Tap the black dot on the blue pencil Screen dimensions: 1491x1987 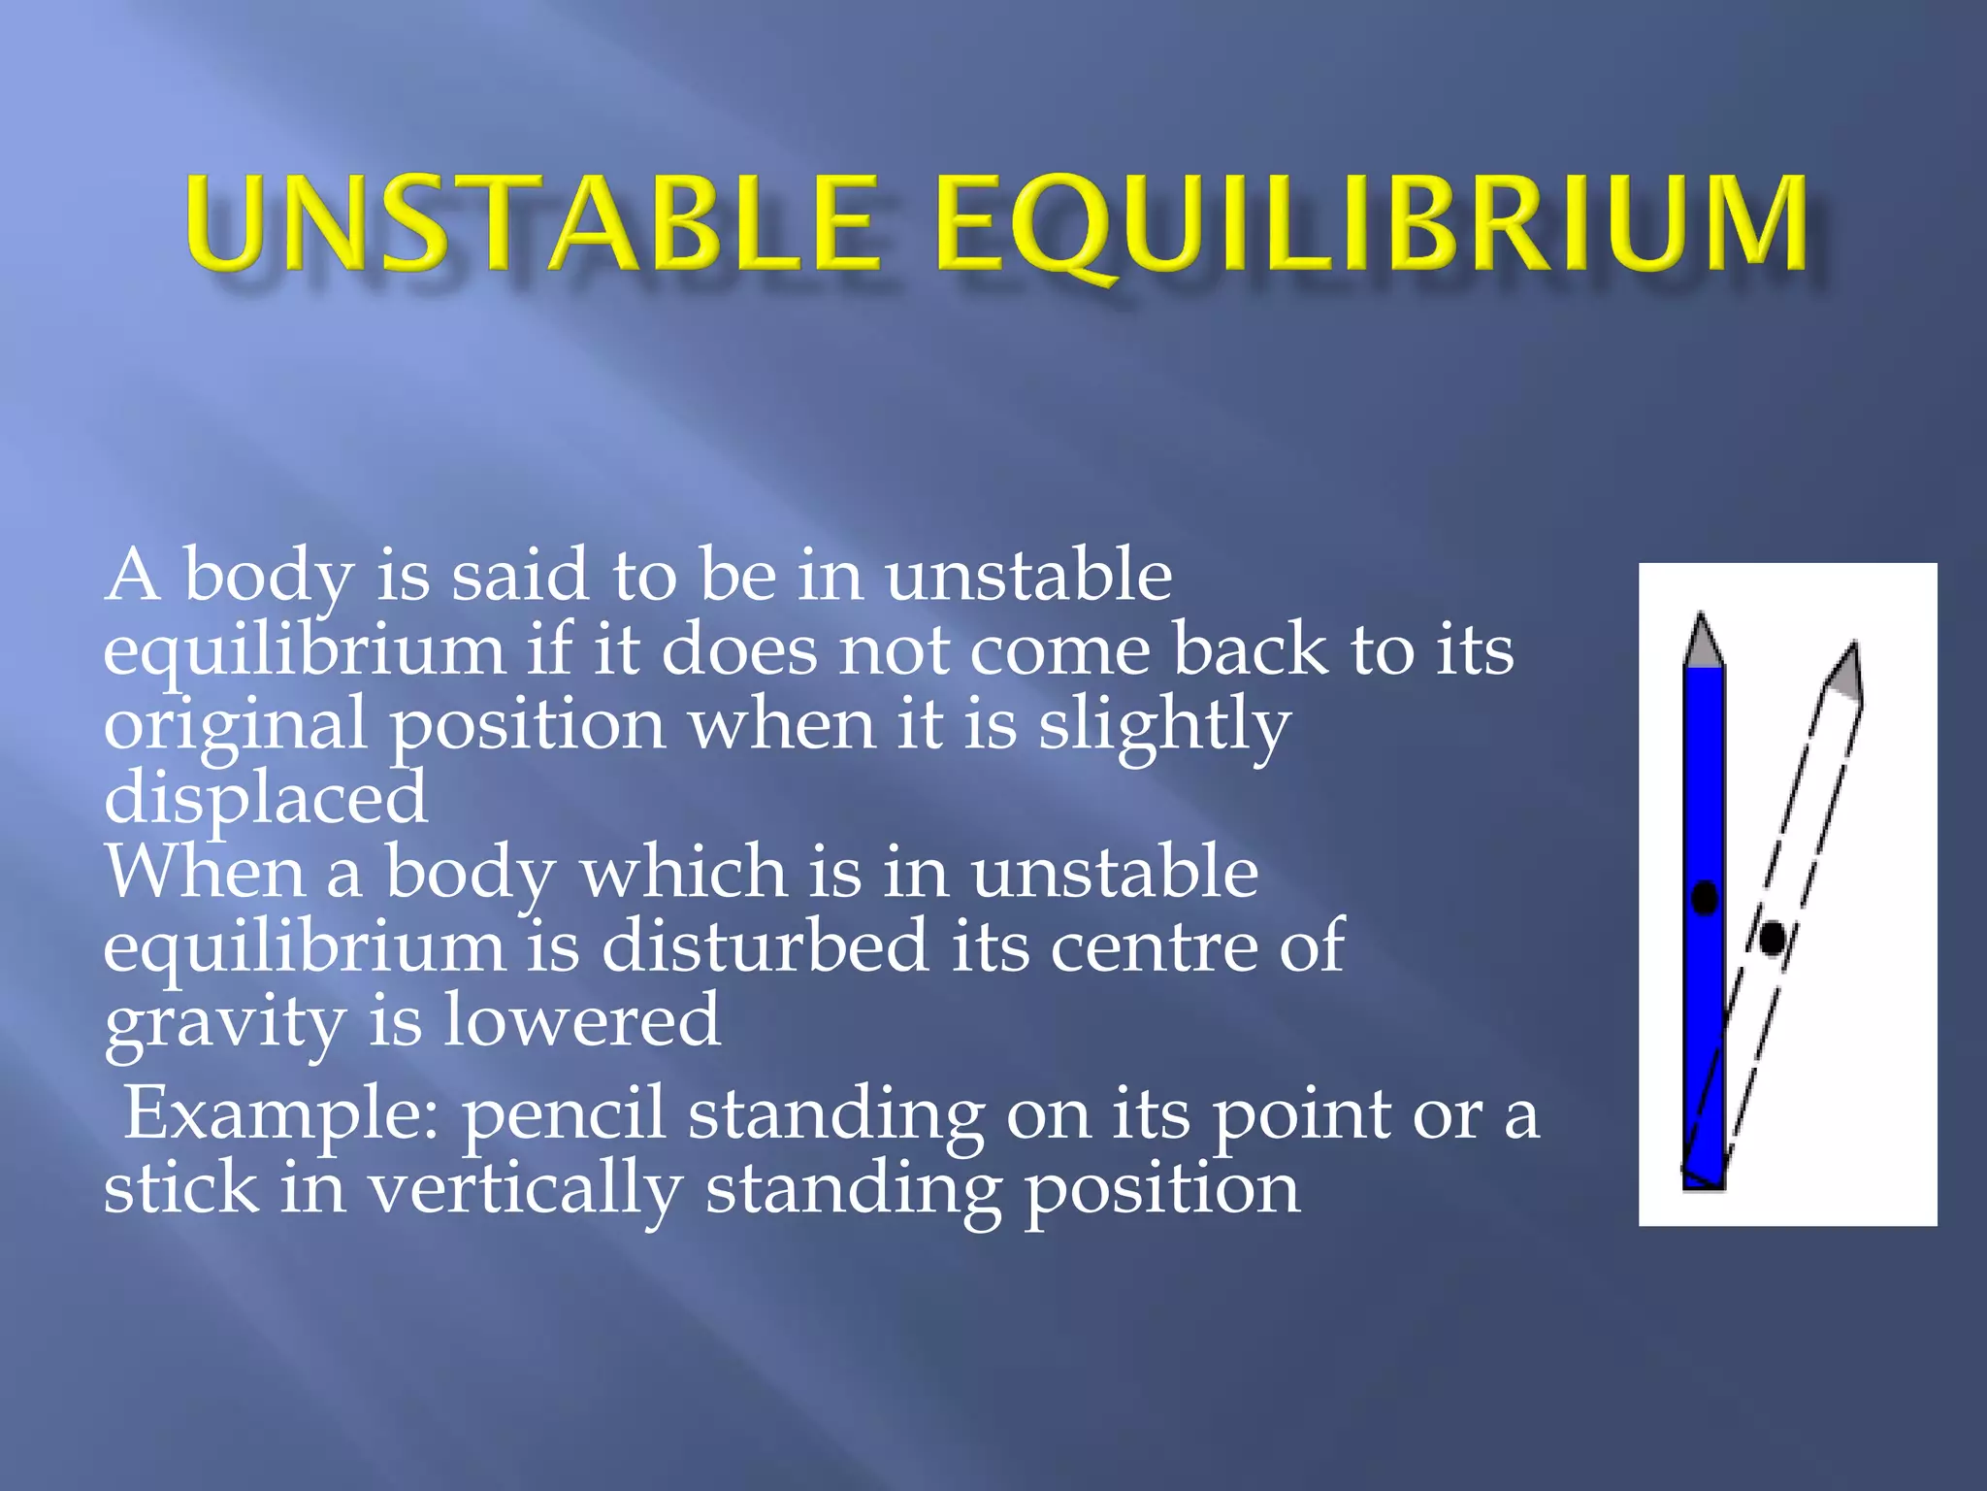pyautogui.click(x=1705, y=897)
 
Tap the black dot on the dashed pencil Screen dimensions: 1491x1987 pyautogui.click(x=1773, y=938)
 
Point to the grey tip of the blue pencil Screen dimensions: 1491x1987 pyautogui.click(x=1702, y=643)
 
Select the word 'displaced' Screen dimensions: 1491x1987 pyautogui.click(x=265, y=798)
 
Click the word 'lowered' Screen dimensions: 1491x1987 pyautogui.click(x=582, y=1021)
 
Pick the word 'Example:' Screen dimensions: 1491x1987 pyautogui.click(x=281, y=1114)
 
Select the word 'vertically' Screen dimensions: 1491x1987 pyautogui.click(x=525, y=1190)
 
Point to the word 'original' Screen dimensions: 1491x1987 pyautogui.click(x=236, y=725)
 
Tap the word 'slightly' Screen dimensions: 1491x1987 pyautogui.click(x=1164, y=725)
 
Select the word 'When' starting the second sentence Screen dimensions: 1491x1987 pyautogui.click(x=205, y=872)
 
